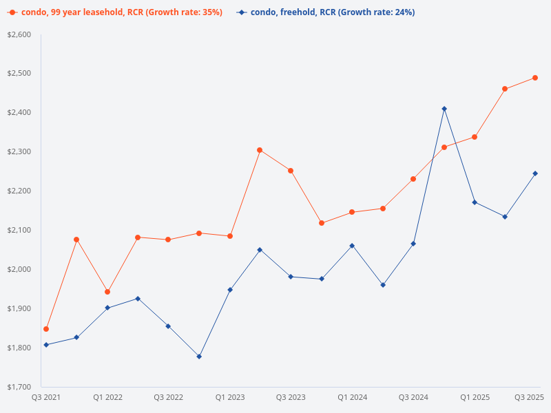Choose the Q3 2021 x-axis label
tap(46, 397)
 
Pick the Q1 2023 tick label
tap(230, 397)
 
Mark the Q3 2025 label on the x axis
tap(530, 397)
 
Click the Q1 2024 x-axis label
tap(352, 397)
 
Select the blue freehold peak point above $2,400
tap(444, 109)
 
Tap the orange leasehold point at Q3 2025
tap(535, 78)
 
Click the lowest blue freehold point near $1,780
tap(199, 357)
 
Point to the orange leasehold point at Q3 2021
tap(46, 329)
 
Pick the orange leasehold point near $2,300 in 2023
tap(260, 150)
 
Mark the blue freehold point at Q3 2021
tap(46, 345)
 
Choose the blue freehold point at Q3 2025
tap(535, 173)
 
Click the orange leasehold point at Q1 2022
tap(107, 292)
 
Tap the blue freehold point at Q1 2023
tap(230, 290)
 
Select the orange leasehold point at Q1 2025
tap(475, 137)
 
